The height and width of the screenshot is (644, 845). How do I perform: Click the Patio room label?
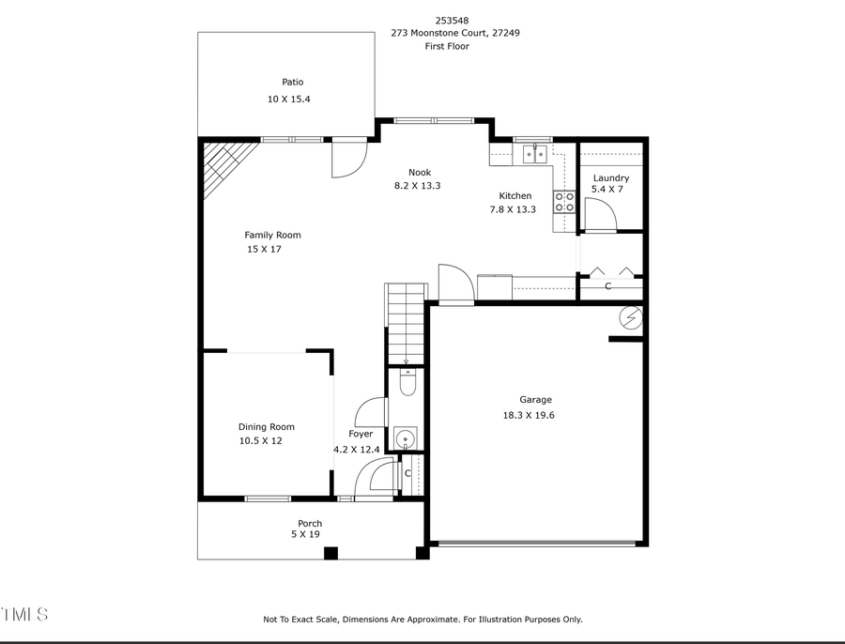click(x=293, y=83)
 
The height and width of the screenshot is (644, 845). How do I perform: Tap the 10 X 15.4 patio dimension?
click(x=289, y=100)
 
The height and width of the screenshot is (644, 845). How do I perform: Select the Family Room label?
click(x=272, y=235)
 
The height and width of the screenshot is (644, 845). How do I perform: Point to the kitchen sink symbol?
click(x=534, y=153)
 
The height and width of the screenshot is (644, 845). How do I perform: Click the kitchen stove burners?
click(x=564, y=201)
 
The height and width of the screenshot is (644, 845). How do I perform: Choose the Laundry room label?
click(x=610, y=177)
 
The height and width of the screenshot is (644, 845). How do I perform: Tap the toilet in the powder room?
click(x=407, y=382)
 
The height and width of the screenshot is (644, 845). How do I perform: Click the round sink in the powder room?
click(x=406, y=437)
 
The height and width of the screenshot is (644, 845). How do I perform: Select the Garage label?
click(x=536, y=399)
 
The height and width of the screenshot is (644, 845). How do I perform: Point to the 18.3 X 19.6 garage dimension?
click(x=530, y=415)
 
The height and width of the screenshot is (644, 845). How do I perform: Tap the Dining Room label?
click(x=266, y=426)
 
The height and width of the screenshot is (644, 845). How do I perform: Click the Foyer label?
click(x=361, y=434)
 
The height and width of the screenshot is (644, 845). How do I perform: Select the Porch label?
click(x=310, y=523)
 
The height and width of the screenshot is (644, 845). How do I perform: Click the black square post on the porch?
click(x=330, y=553)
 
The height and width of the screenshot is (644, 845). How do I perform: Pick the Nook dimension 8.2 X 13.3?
click(x=417, y=186)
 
